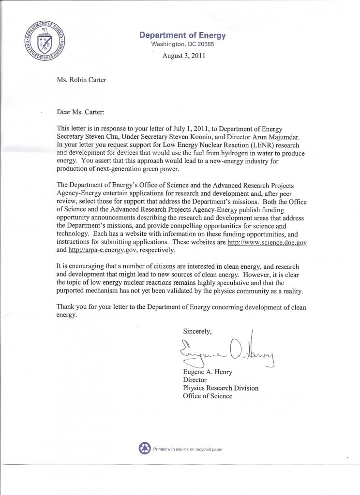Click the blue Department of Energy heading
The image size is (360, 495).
pyautogui.click(x=182, y=35)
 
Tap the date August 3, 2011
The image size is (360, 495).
pyautogui.click(x=184, y=55)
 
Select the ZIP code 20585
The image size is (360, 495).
pyautogui.click(x=204, y=44)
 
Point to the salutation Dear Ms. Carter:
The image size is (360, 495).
pyautogui.click(x=80, y=112)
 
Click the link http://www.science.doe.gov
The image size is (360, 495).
pyautogui.click(x=267, y=242)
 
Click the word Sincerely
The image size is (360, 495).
pyautogui.click(x=197, y=331)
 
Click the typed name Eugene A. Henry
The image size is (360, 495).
pyautogui.click(x=208, y=371)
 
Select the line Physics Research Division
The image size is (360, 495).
pyautogui.click(x=220, y=388)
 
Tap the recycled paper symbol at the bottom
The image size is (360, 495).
pyautogui.click(x=145, y=449)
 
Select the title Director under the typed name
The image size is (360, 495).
pyautogui.click(x=195, y=379)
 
